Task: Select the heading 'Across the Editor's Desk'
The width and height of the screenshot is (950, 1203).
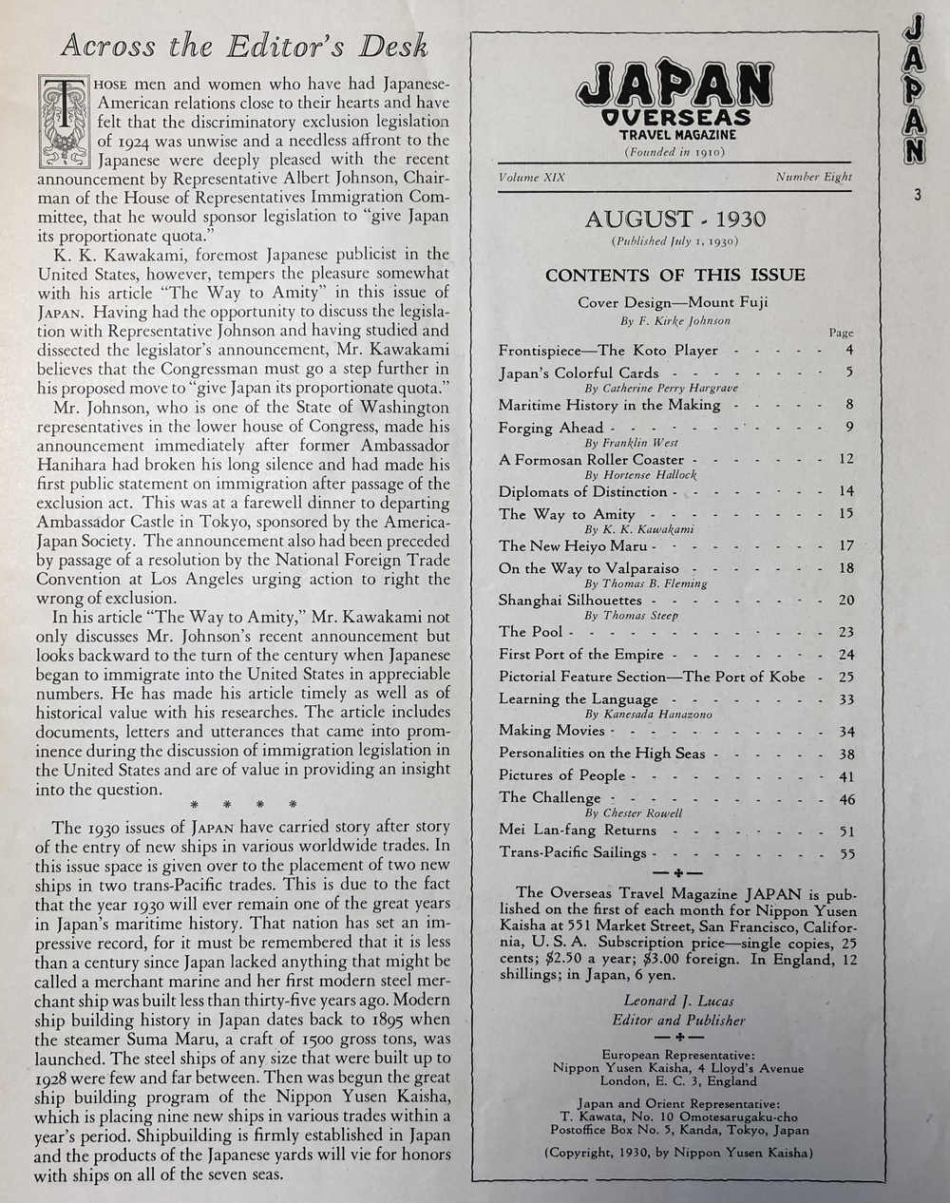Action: click(244, 47)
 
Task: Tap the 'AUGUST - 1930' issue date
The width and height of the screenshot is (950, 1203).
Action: click(674, 219)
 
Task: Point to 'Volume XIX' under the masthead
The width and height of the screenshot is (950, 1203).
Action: click(531, 177)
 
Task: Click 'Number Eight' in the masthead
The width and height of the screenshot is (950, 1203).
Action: click(813, 177)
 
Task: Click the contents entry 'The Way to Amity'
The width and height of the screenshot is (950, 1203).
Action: click(566, 514)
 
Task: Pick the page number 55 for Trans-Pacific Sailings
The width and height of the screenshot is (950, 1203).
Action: click(846, 853)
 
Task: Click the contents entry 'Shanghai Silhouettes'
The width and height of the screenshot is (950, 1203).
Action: click(570, 600)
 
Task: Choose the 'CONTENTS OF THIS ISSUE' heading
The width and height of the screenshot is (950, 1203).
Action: click(674, 276)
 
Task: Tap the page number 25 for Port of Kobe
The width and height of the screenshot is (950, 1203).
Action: click(846, 677)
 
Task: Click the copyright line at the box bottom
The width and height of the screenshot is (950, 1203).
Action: click(678, 1154)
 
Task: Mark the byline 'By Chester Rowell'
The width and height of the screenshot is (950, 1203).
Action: click(634, 813)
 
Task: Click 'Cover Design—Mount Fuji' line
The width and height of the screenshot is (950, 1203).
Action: click(673, 303)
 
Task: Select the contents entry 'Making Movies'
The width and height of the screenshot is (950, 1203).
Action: click(552, 730)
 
